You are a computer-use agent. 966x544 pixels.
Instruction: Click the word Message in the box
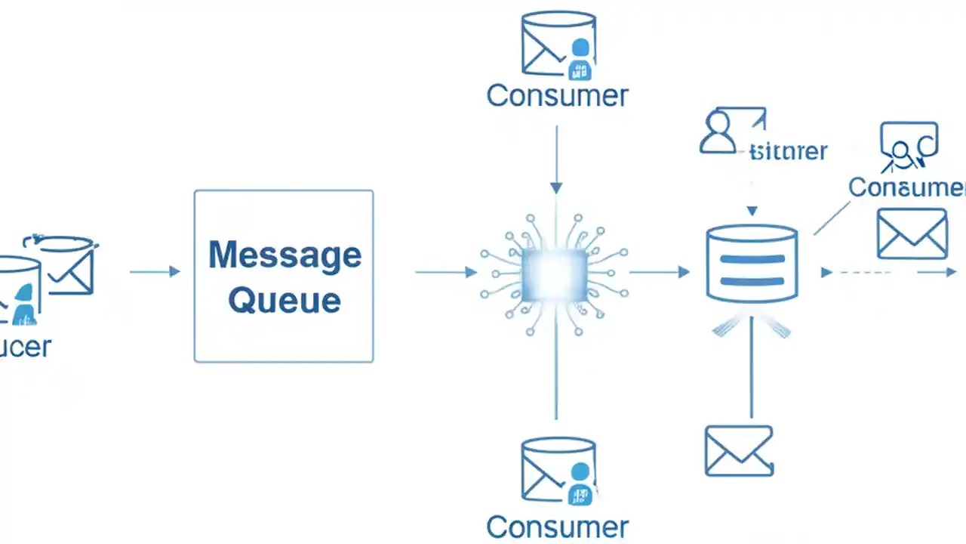coord(285,255)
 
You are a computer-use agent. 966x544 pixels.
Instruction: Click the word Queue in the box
coord(284,300)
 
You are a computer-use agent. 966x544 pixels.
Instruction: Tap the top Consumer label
coord(557,96)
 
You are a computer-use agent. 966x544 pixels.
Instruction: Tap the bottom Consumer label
coord(557,527)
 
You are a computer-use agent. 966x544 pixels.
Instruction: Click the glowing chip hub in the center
coord(555,272)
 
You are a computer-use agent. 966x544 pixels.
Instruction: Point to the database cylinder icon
coord(751,262)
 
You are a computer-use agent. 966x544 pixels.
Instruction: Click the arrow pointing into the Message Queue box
coord(155,271)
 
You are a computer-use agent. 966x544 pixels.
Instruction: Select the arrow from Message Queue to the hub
coord(445,271)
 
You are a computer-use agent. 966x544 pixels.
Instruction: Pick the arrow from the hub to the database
coord(659,271)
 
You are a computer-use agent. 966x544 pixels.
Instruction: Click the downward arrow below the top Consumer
coord(556,159)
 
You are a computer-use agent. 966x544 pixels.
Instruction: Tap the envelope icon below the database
coord(738,451)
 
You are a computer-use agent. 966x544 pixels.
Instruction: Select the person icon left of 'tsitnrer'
coord(718,132)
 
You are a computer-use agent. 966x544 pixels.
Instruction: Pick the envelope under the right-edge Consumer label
coord(912,233)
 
